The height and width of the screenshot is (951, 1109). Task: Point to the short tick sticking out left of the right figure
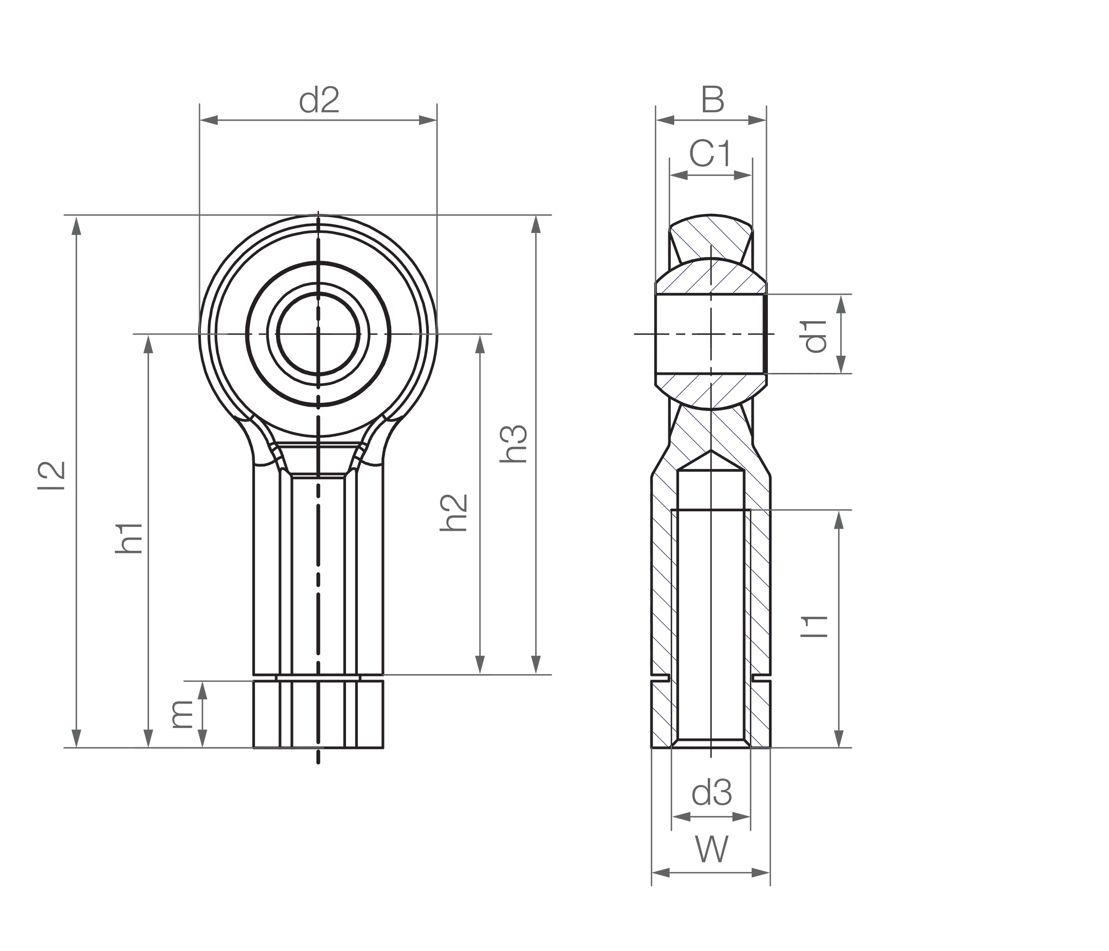tap(641, 333)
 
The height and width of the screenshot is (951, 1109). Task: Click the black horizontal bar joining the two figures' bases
tap(487, 723)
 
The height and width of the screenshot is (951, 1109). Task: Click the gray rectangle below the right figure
tap(877, 845)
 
